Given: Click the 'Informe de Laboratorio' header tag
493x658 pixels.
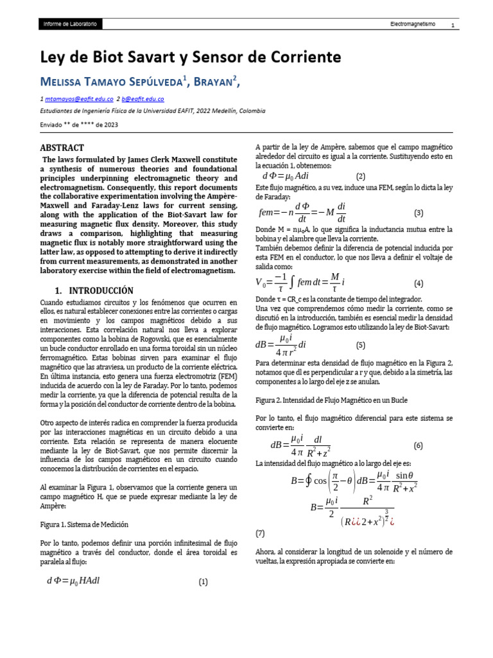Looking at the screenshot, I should tap(70, 24).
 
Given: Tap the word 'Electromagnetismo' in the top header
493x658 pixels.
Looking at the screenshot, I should tap(413, 24).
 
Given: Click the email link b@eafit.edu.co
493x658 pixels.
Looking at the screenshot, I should tap(144, 99).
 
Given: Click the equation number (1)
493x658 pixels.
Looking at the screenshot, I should tap(203, 582).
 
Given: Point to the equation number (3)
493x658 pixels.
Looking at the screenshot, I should tap(419, 213).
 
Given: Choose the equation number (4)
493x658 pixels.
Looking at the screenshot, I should tap(419, 283).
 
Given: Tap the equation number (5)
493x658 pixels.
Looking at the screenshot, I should tap(361, 345).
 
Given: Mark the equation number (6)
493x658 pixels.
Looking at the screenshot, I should tap(419, 445).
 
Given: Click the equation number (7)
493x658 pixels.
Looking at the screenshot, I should tap(260, 533).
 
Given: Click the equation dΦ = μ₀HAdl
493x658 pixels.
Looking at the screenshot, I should tap(73, 581).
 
